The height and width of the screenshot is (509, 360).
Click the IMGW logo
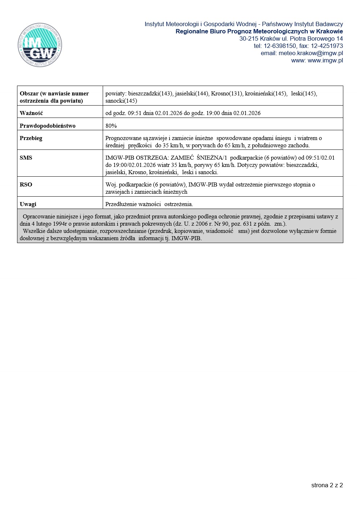pos(40,45)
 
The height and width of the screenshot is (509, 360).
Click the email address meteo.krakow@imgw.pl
pos(311,53)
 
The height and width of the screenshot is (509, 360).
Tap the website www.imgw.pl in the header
pos(325,61)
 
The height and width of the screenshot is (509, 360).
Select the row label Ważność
pos(31,113)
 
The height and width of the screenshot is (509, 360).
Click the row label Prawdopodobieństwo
pos(48,126)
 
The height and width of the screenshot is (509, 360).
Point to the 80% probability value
pos(111,126)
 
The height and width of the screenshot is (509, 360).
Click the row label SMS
pos(26,158)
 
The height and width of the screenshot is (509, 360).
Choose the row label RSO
pos(26,185)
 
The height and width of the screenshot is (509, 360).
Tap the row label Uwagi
pos(28,204)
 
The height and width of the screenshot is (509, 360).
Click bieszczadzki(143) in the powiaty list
pos(150,94)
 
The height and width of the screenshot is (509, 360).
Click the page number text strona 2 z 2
pos(327,485)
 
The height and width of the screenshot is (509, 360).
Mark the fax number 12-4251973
pos(327,46)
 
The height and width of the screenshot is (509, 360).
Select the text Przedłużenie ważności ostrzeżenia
pos(149,204)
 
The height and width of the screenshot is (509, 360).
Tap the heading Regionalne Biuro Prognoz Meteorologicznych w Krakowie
pos(259,32)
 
